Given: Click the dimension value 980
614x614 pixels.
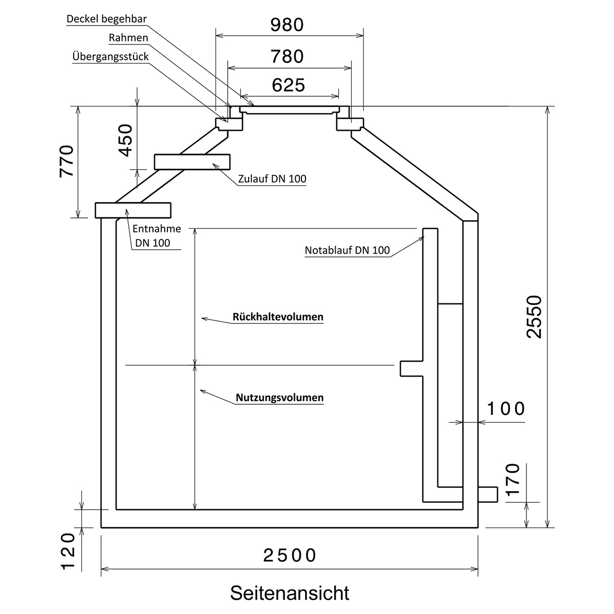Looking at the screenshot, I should [x=287, y=25].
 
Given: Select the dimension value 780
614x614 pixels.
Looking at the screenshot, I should [x=287, y=56].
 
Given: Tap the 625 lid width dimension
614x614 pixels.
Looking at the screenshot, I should [x=289, y=85].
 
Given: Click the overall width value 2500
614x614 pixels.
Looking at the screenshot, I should [x=290, y=555].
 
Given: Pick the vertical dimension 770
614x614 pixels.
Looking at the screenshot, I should [x=67, y=161].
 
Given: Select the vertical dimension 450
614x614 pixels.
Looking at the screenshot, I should [x=125, y=140].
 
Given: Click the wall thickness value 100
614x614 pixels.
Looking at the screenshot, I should [x=506, y=409].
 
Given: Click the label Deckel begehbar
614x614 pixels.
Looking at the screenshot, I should [x=107, y=19].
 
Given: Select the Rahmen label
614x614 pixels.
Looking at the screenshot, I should [x=128, y=38].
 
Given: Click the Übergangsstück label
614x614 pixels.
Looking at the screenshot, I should [x=111, y=56].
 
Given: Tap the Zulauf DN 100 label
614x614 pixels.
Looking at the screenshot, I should [x=272, y=179].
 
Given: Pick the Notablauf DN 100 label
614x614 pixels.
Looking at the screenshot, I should [x=347, y=251].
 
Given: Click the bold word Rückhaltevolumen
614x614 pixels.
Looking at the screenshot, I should [x=278, y=317].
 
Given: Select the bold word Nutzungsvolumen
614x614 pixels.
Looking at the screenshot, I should [x=279, y=398].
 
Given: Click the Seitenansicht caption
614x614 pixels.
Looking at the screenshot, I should [x=290, y=593].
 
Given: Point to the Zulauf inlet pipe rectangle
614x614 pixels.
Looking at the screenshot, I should [x=193, y=161].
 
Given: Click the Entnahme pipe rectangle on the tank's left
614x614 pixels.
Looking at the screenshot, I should [x=133, y=210].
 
